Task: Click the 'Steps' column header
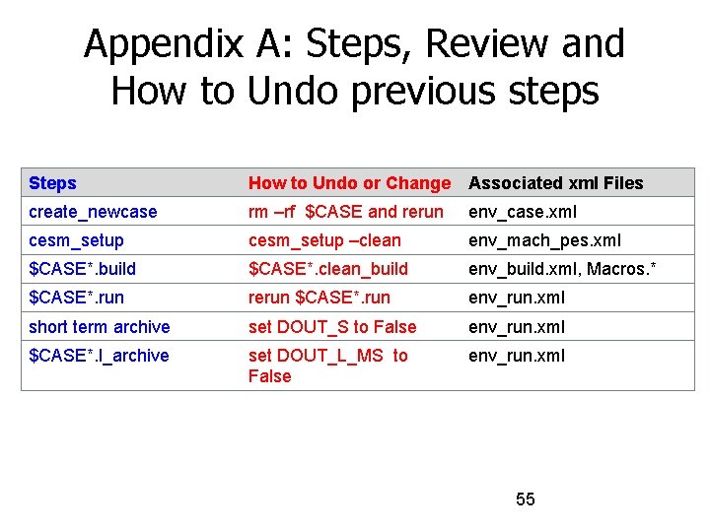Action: pos(53,183)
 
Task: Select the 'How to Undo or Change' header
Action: pos(349,183)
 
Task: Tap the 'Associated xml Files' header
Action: pos(555,183)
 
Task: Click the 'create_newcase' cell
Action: pos(93,212)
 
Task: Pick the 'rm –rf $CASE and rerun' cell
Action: pos(346,212)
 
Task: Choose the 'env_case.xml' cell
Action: pos(523,212)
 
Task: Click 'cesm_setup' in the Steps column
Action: pos(77,240)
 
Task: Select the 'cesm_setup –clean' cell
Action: pos(324,240)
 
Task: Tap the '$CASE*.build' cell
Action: pos(83,269)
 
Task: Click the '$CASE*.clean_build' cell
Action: pos(327,269)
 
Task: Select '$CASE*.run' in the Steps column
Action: pos(77,298)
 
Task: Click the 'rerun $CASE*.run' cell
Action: pos(319,298)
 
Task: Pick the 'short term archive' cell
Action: pos(100,327)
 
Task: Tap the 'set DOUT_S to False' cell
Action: pos(332,327)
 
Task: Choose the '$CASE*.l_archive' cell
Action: pos(99,356)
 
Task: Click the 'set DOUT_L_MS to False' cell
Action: pos(327,366)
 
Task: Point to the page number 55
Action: pos(526,499)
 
